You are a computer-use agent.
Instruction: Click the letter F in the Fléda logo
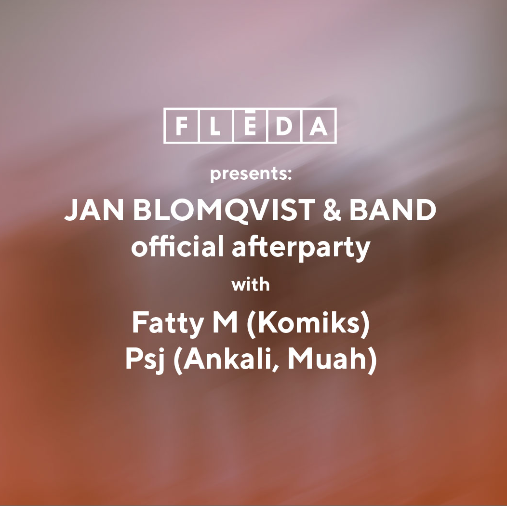click(182, 126)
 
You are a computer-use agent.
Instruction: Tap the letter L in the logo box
click(215, 126)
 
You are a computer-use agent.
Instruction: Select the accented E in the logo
click(250, 124)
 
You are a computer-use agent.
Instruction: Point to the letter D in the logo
click(284, 126)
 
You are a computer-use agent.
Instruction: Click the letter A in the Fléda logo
click(318, 126)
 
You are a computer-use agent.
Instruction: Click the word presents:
click(251, 174)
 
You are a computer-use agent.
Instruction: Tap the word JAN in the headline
click(94, 210)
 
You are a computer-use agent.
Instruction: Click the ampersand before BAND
click(332, 210)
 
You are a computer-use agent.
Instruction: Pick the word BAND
click(392, 210)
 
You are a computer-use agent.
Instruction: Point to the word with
click(250, 285)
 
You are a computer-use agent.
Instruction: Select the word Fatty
click(168, 324)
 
